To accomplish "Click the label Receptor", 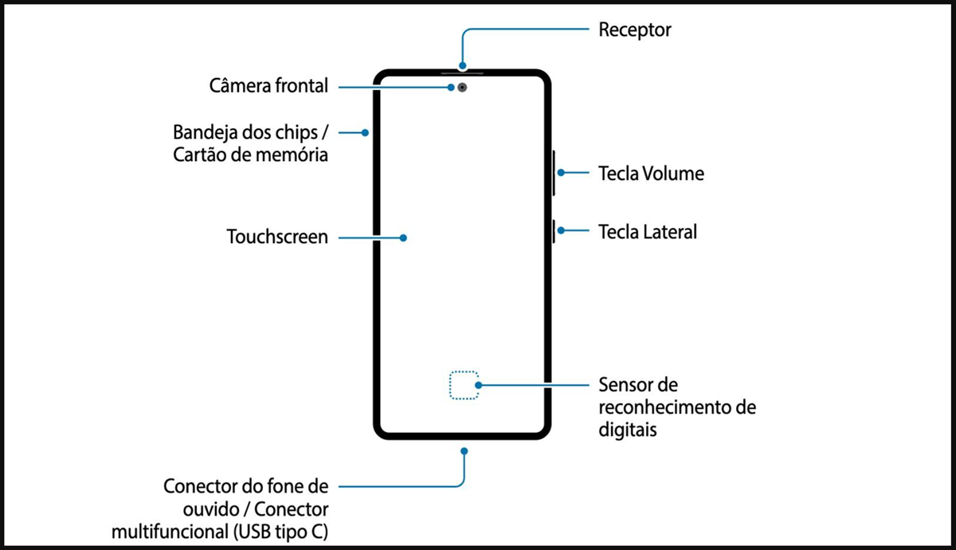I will [x=635, y=30].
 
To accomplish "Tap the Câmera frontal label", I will [x=268, y=86].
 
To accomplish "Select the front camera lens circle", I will [x=462, y=87].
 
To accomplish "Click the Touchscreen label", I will [x=277, y=237].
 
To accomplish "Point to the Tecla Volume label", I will [x=651, y=173].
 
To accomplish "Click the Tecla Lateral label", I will [x=648, y=232].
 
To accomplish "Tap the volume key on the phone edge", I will [x=552, y=172].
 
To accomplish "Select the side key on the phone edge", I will [x=552, y=231].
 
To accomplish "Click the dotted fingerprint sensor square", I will [x=463, y=386].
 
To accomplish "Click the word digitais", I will [x=629, y=430].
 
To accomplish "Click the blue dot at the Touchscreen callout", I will [x=404, y=238].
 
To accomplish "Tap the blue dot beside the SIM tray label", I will [x=365, y=132].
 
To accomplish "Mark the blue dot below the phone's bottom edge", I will [x=464, y=450].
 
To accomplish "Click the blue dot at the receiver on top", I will [x=462, y=66].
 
